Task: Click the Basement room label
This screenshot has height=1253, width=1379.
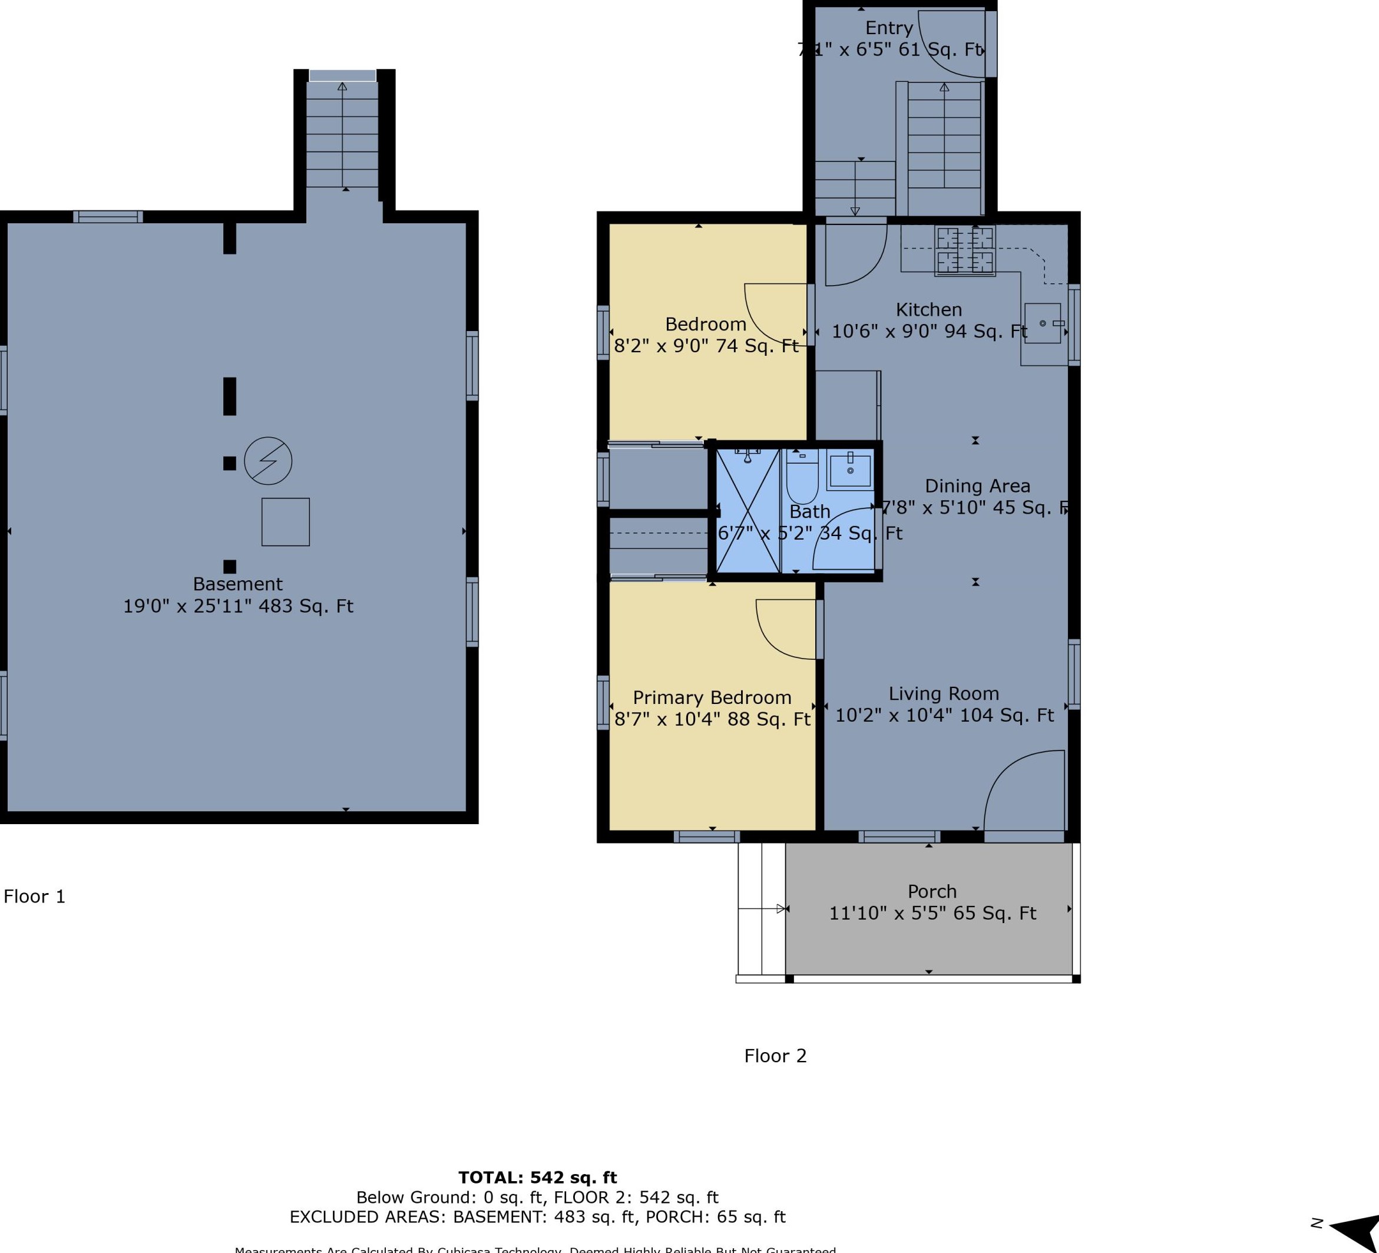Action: click(237, 584)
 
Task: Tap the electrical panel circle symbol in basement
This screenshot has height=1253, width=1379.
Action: click(268, 461)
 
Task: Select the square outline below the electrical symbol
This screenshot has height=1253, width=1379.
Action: click(285, 522)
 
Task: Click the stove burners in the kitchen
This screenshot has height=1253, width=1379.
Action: click(964, 250)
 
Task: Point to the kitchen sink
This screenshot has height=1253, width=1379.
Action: click(1043, 323)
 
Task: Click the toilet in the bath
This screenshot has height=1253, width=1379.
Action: click(802, 477)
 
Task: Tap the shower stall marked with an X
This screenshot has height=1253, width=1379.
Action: click(748, 510)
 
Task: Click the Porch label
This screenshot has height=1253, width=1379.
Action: click(932, 892)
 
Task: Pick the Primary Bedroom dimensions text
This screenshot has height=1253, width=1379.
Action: click(712, 719)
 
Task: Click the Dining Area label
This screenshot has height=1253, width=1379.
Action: click(977, 486)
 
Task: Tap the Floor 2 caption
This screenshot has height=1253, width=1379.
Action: click(775, 1056)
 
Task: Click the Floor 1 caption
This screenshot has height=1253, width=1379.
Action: click(34, 897)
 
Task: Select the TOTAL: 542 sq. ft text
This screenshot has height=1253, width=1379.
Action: click(537, 1178)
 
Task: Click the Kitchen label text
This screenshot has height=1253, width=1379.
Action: click(928, 310)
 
